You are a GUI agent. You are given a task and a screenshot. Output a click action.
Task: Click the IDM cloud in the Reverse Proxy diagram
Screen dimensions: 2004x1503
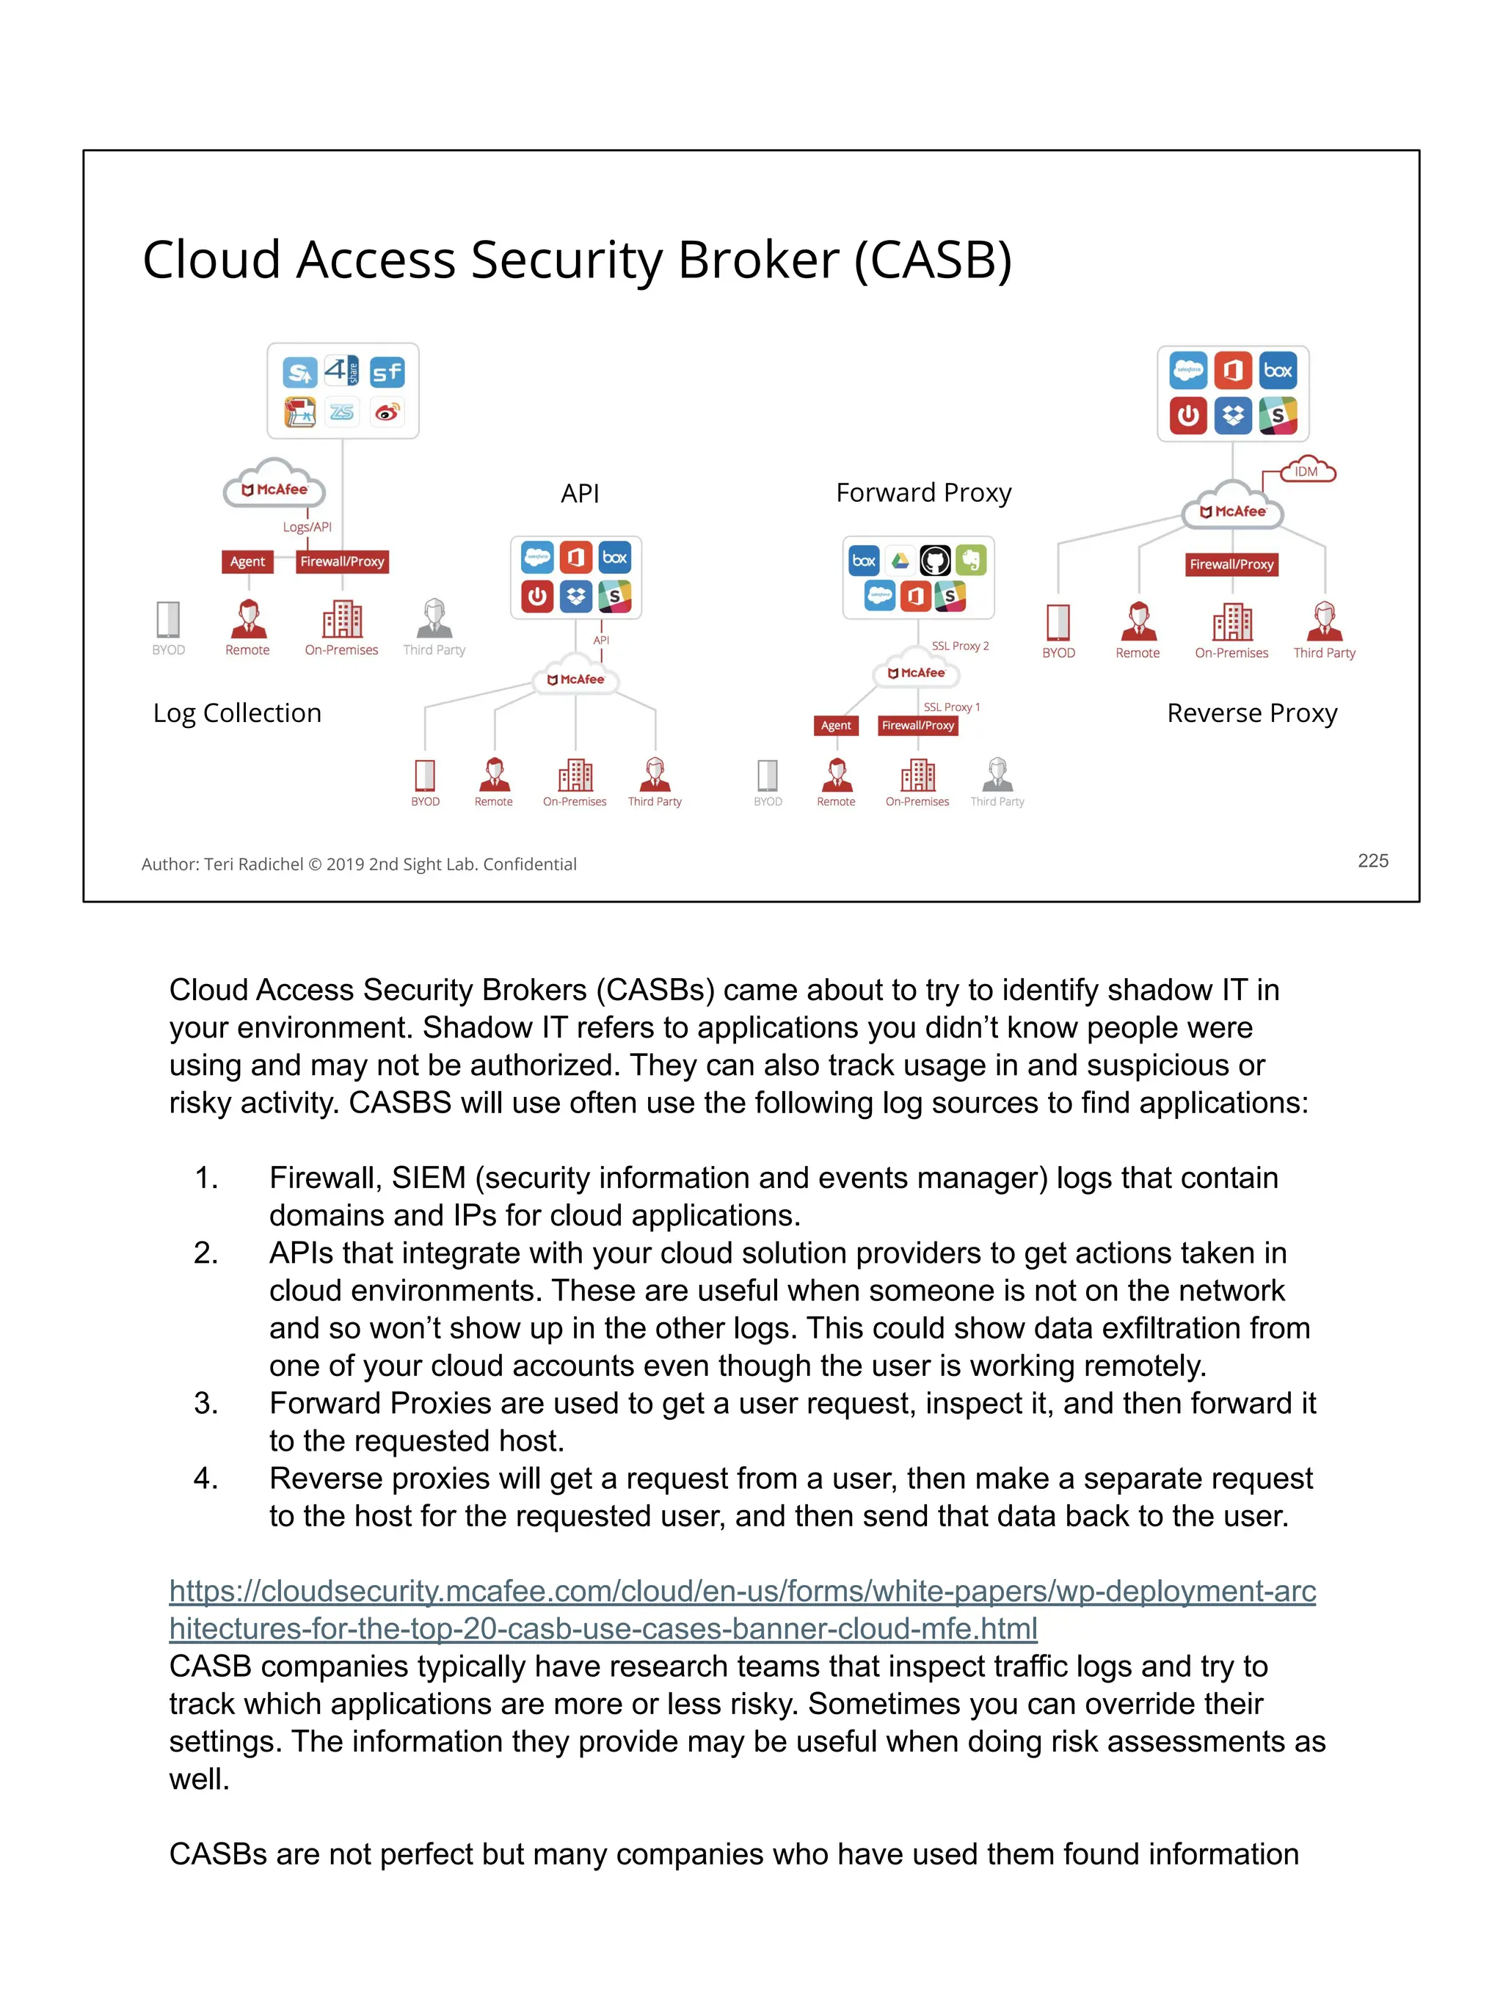(x=1306, y=471)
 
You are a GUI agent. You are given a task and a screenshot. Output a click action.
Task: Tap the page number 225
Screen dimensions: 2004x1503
(x=1372, y=861)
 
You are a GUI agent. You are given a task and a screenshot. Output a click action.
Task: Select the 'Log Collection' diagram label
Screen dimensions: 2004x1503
(x=237, y=713)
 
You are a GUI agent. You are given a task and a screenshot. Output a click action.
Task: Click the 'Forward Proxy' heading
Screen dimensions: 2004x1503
(x=923, y=493)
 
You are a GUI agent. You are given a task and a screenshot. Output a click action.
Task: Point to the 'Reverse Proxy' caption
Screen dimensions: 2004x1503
(x=1251, y=713)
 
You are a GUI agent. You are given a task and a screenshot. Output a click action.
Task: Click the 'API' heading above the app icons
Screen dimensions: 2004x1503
(x=580, y=494)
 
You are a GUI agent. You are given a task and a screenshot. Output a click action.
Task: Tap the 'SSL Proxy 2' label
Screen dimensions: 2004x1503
(x=961, y=646)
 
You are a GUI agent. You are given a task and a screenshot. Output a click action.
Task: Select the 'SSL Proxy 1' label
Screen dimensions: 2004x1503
(x=951, y=707)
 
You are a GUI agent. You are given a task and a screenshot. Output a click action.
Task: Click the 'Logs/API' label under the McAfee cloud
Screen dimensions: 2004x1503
(x=307, y=526)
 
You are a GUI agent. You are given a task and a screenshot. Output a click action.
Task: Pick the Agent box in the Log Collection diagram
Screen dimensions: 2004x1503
(x=247, y=561)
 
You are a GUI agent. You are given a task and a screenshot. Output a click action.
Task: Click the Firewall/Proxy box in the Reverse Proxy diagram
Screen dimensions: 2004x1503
(x=1231, y=564)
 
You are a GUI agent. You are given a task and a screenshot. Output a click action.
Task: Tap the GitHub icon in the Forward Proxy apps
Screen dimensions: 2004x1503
(x=935, y=561)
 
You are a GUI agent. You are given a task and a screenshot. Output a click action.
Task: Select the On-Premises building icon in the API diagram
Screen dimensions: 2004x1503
(x=575, y=776)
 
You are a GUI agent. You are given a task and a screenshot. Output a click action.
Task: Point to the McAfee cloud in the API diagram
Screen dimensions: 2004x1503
(x=576, y=678)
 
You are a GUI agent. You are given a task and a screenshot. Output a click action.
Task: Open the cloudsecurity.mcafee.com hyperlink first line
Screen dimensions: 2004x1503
(x=742, y=1591)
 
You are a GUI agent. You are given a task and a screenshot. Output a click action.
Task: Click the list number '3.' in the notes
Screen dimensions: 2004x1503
(x=205, y=1403)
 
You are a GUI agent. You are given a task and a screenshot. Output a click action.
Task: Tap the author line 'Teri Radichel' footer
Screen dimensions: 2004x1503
(x=255, y=864)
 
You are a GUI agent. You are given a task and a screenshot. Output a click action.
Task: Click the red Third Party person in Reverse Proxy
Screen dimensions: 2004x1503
(x=1325, y=622)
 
